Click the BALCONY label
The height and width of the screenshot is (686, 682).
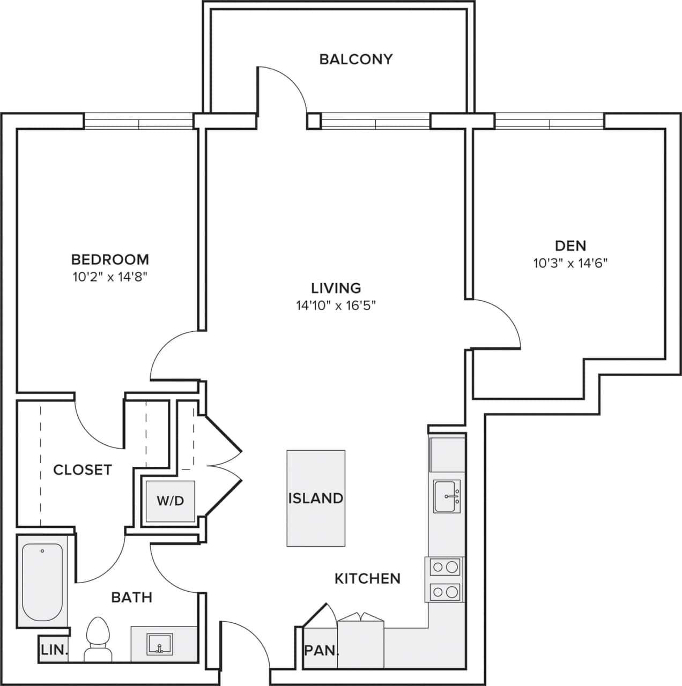(x=355, y=59)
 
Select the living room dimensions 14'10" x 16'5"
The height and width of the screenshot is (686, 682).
(x=336, y=305)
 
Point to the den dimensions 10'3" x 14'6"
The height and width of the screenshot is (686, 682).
(x=570, y=263)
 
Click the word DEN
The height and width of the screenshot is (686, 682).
(x=570, y=246)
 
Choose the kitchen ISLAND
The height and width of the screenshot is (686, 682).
(x=316, y=498)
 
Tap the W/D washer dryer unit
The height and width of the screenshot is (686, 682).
(x=170, y=501)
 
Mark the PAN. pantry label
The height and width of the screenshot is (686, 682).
(x=321, y=651)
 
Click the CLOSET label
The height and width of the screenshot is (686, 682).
(x=82, y=470)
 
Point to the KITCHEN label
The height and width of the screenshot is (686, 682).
(x=367, y=579)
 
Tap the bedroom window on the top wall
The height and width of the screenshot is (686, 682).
(x=139, y=122)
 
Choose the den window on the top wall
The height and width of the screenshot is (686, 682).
(x=549, y=122)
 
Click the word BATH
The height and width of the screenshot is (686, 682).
(x=131, y=597)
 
